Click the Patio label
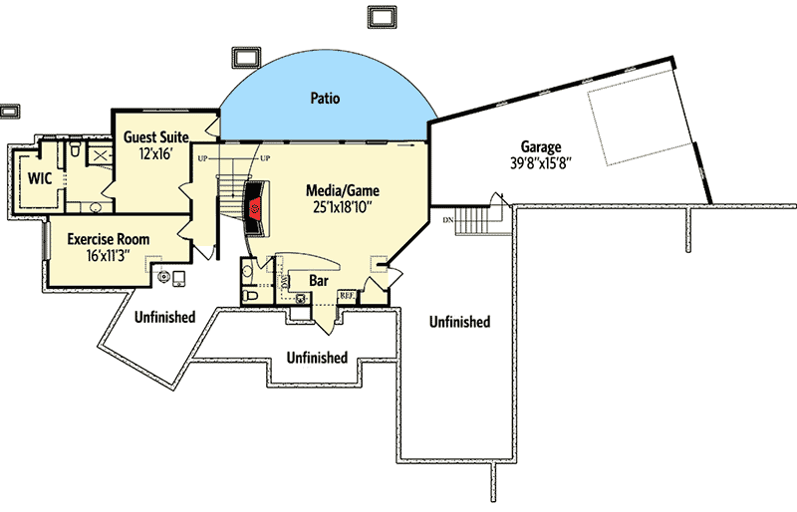325,99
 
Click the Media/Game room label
343,190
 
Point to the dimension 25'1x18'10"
343,207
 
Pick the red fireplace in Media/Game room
256,207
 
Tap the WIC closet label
40,179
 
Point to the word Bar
319,282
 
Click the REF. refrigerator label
348,295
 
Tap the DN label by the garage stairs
449,218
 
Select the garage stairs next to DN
475,219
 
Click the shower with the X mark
99,155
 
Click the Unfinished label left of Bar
164,317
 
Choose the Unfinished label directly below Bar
317,357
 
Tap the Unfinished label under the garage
459,322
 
